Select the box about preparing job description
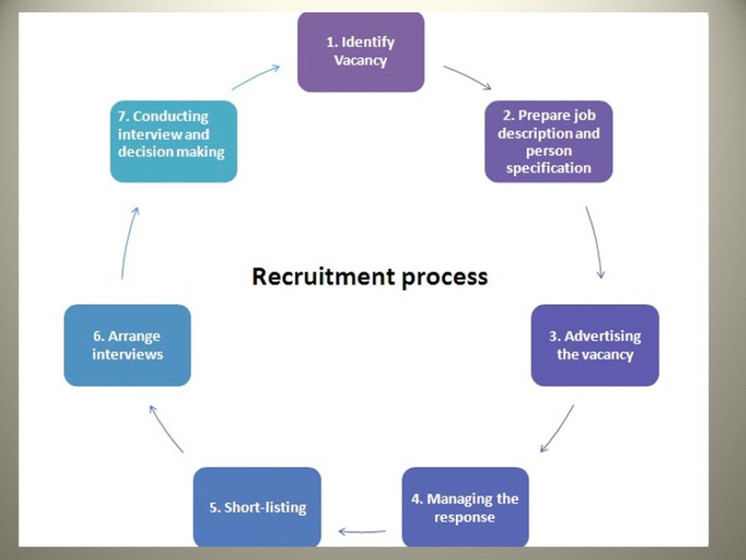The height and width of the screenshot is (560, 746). [549, 141]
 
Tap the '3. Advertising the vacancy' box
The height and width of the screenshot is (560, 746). [594, 345]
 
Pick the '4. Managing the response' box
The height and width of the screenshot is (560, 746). [465, 507]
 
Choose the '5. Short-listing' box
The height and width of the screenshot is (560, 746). [257, 507]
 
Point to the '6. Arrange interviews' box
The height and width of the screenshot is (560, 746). [127, 345]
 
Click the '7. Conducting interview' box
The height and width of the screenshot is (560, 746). [173, 141]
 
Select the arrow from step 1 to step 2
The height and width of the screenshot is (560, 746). [467, 77]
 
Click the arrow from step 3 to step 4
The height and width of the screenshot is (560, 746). [557, 429]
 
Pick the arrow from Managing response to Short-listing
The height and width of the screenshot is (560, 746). [362, 532]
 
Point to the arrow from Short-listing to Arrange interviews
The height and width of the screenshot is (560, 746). [166, 429]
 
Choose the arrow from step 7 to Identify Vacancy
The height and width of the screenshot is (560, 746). [256, 77]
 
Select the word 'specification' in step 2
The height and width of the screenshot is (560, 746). [549, 168]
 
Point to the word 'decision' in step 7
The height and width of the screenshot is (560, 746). [144, 152]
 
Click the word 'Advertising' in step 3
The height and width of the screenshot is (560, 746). [602, 336]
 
